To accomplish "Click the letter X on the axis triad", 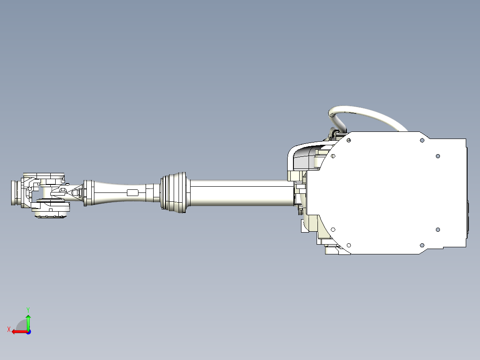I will coord(9,329).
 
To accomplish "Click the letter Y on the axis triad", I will coord(28,309).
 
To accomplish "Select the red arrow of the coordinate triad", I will coord(18,331).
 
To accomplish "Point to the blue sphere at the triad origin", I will coord(28,331).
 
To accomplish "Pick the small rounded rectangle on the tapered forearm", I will coord(133,193).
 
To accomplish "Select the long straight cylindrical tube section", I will coord(240,193).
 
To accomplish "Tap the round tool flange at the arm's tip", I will coord(15,193).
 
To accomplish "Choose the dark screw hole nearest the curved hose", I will coord(349,140).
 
